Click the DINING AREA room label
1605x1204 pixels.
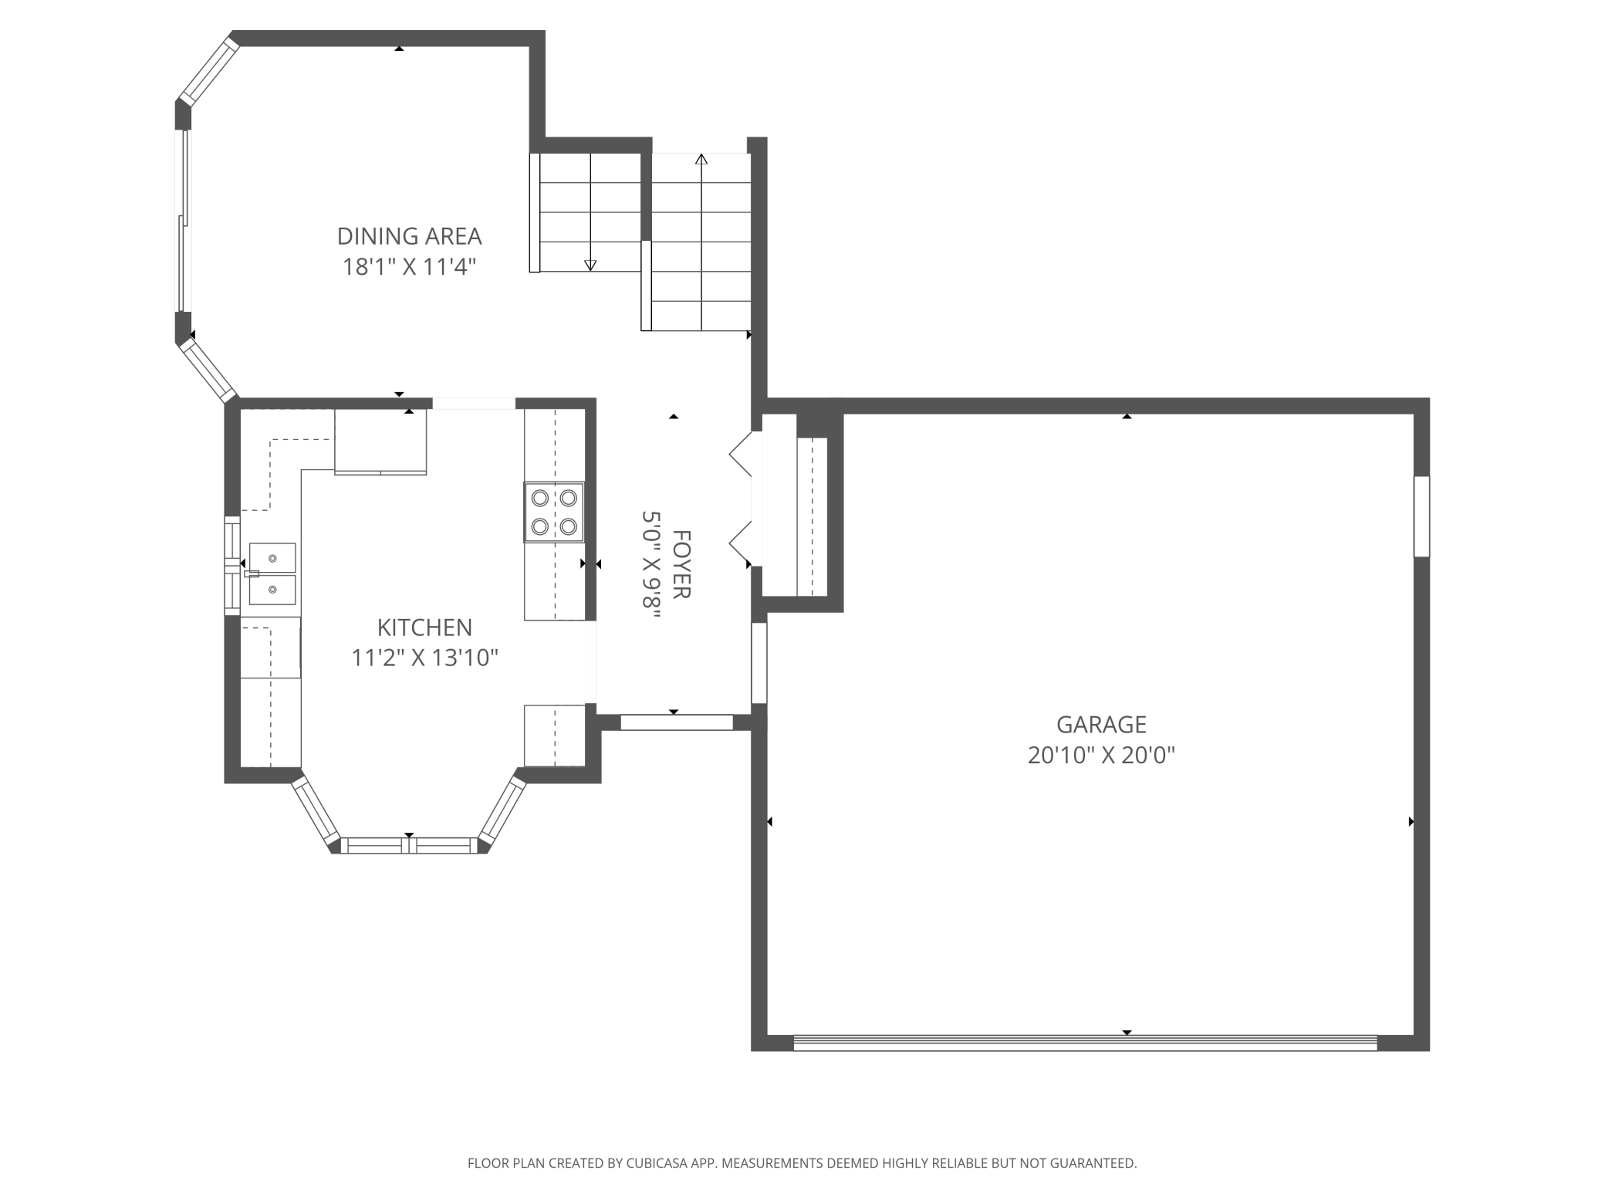point(409,236)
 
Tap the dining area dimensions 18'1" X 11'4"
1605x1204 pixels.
point(409,267)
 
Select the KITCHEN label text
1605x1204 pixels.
point(424,627)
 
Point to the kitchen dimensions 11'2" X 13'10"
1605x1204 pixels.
point(424,658)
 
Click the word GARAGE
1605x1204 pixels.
point(1101,724)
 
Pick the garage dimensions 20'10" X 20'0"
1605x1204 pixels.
point(1101,755)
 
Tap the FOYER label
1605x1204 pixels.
point(681,564)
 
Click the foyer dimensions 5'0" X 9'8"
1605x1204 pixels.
point(652,564)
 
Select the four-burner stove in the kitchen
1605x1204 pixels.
point(554,512)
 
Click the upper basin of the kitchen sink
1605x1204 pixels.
point(272,557)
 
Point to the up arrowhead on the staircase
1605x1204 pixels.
point(701,159)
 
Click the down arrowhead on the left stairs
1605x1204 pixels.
point(590,265)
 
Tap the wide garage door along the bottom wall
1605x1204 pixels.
point(1085,1043)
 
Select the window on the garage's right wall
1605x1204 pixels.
point(1421,516)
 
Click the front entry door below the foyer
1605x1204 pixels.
point(677,722)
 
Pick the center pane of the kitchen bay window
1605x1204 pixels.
point(409,845)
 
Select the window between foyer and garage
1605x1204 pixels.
point(759,663)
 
